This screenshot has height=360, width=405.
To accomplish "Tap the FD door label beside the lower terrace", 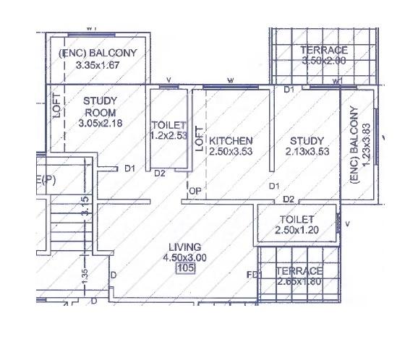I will [x=252, y=275].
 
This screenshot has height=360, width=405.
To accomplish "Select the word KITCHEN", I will [x=231, y=140].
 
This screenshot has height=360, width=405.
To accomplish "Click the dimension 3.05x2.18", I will [x=101, y=124].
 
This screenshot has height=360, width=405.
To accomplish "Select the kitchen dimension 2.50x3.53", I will [x=231, y=152].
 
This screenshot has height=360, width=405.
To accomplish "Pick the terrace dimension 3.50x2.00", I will [x=324, y=61].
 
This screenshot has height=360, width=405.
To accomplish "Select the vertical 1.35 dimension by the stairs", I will [x=85, y=275].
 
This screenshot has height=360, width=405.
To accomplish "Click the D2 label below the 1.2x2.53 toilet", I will [x=160, y=173].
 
